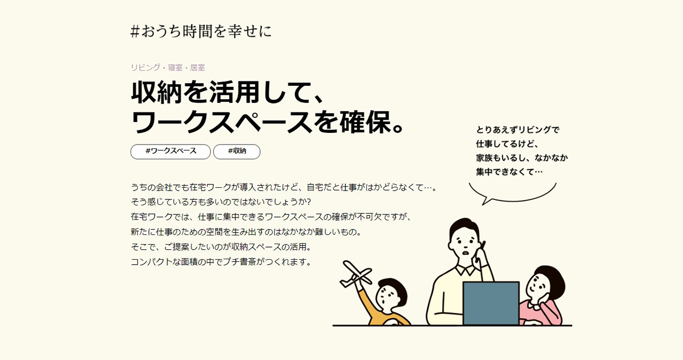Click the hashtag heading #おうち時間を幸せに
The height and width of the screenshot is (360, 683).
click(201, 32)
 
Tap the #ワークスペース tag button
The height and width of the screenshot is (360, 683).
click(170, 152)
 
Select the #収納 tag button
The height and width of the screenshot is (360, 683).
click(236, 152)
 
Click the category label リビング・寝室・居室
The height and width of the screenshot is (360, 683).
click(168, 68)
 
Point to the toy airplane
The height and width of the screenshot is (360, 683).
click(356, 274)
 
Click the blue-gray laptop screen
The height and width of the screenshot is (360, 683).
click(491, 304)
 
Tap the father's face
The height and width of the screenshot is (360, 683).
click(464, 244)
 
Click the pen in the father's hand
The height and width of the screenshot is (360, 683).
click(483, 245)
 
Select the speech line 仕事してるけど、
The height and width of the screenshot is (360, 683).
click(508, 143)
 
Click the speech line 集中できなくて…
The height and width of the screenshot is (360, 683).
click(509, 172)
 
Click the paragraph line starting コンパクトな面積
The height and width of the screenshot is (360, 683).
click(221, 262)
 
